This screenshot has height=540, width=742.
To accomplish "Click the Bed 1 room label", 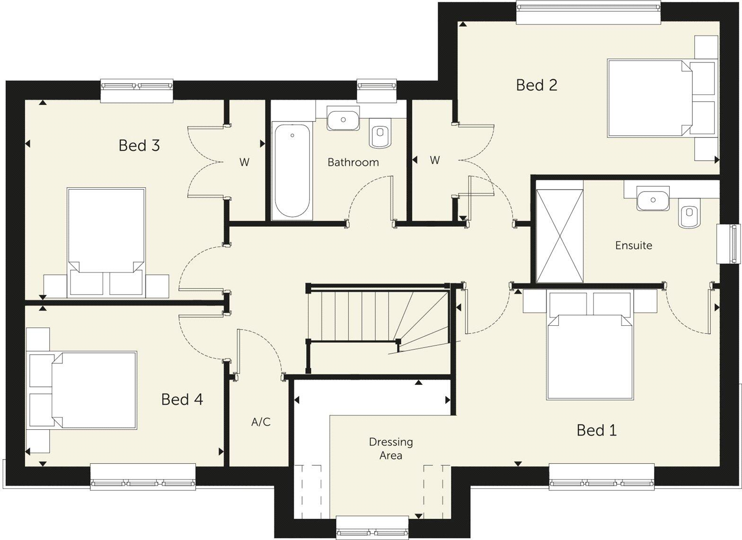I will tap(596, 430).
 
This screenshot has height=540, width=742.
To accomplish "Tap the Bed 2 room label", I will tap(536, 85).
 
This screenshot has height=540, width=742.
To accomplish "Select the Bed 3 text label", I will tap(139, 145).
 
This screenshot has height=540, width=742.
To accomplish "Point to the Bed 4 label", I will tap(182, 400).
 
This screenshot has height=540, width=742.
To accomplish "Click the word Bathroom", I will tap(353, 162).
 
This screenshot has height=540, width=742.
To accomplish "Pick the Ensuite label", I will tap(633, 245).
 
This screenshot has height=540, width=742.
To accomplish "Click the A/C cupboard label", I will tap(261, 422).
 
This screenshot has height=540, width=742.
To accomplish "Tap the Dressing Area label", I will tap(391, 448).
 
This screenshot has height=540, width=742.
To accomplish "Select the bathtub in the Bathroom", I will tap(292, 170).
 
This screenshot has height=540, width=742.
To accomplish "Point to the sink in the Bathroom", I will tap(343, 118).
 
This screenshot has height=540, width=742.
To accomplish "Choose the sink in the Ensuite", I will tap(653, 199).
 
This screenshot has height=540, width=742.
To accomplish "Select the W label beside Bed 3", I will tap(244, 162).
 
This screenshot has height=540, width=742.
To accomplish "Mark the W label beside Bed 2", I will tap(434, 160).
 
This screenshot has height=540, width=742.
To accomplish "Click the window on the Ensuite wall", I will tap(727, 243).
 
